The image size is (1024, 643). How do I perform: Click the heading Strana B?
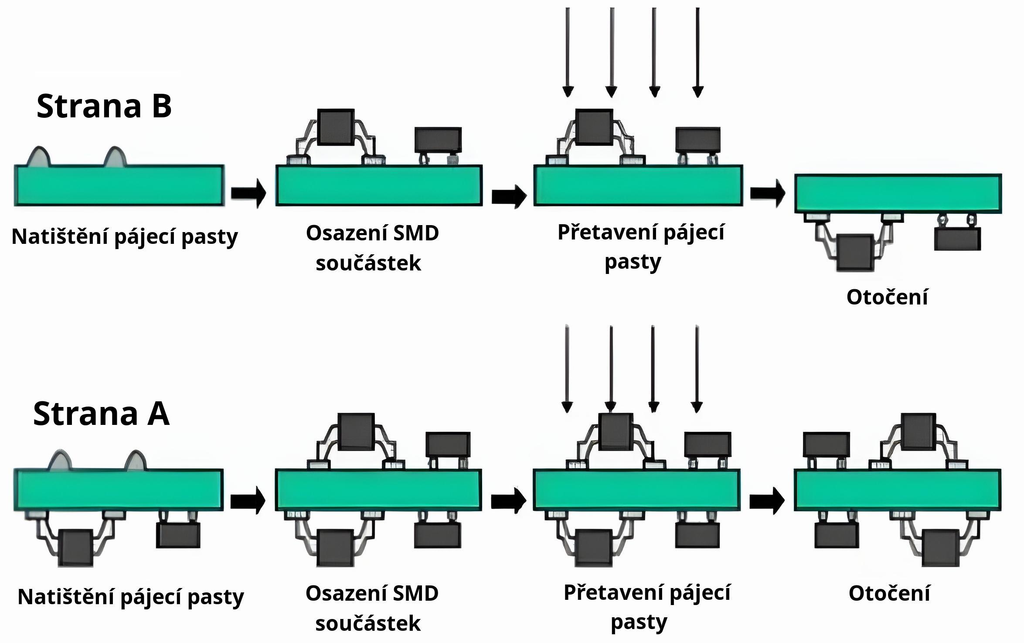104,106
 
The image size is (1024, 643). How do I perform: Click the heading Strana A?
101,414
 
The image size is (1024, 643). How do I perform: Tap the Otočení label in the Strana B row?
887,297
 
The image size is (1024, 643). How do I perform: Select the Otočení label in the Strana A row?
889,594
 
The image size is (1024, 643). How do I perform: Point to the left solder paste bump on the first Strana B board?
39,158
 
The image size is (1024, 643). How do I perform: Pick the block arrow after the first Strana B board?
248,192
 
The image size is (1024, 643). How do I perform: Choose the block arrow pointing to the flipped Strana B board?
767,192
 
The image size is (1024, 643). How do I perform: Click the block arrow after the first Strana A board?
248,501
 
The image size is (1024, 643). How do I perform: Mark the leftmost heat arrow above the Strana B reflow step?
568,52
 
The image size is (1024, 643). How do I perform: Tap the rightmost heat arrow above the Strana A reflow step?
697,369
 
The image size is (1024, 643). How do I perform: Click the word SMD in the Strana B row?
416,233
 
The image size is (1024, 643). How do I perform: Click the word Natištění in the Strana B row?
59,237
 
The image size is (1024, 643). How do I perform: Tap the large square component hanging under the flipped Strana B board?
855,253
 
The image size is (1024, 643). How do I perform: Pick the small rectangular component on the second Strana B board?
438,140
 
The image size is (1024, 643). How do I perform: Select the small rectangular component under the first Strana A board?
178,535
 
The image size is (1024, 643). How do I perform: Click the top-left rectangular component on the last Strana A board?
826,445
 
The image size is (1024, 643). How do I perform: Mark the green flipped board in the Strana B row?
898,193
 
